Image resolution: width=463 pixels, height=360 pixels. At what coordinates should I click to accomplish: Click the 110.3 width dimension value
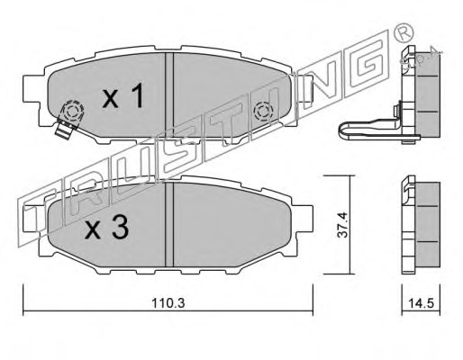click(x=168, y=303)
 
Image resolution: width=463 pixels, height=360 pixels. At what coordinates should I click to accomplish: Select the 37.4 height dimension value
click(x=342, y=225)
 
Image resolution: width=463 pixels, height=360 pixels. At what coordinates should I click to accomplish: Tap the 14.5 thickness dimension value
click(x=421, y=303)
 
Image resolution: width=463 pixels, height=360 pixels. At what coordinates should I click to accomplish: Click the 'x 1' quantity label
click(x=123, y=95)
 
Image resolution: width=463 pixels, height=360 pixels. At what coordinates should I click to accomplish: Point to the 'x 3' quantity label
click(x=107, y=228)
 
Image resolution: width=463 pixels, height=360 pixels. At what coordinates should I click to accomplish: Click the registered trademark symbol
click(x=403, y=32)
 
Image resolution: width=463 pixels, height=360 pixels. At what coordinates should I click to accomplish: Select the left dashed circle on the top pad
click(x=72, y=112)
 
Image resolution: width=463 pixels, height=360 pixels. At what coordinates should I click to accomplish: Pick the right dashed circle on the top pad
click(x=263, y=112)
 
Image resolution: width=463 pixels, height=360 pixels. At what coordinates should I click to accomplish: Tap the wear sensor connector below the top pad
click(x=65, y=130)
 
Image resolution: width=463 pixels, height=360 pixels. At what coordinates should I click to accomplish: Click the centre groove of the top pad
click(x=169, y=95)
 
